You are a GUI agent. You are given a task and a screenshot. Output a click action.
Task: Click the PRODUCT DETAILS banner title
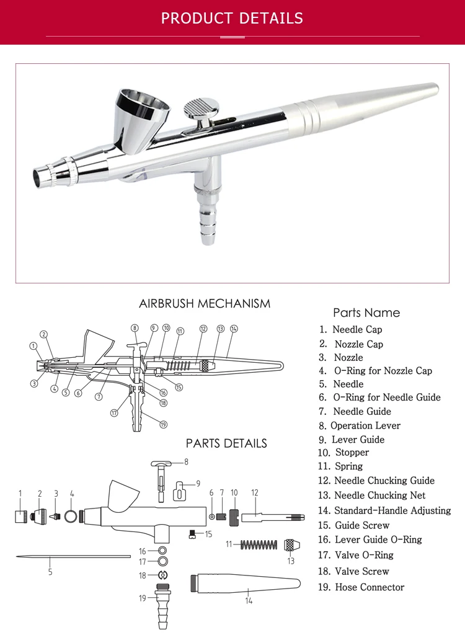[x=232, y=18]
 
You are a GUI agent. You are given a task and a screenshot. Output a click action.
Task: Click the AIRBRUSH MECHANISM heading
[x=205, y=304]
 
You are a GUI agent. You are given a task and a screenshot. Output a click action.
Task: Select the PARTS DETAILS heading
[x=226, y=443]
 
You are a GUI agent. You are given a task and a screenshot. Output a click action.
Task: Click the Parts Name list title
[x=366, y=313]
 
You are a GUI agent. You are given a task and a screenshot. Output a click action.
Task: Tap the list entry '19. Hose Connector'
[x=361, y=587]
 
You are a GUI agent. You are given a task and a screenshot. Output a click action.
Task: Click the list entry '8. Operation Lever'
[x=360, y=425]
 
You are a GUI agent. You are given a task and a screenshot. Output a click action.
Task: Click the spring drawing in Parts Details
[x=258, y=544]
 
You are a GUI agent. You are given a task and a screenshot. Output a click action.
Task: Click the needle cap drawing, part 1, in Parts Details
[x=20, y=516]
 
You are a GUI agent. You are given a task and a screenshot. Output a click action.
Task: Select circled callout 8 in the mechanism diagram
[x=134, y=328]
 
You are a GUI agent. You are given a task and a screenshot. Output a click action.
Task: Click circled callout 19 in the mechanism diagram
[x=163, y=425]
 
